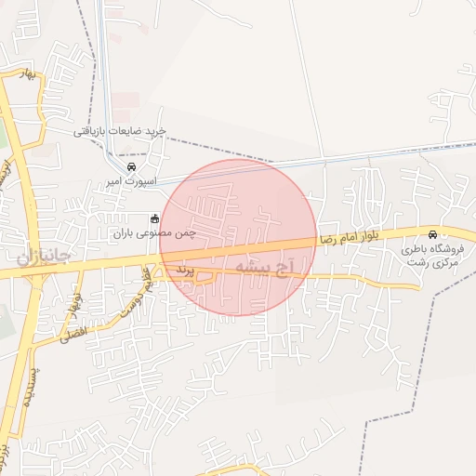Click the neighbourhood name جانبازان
coord(44,254)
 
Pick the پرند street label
coord(183,269)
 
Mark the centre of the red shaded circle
coord(239,237)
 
